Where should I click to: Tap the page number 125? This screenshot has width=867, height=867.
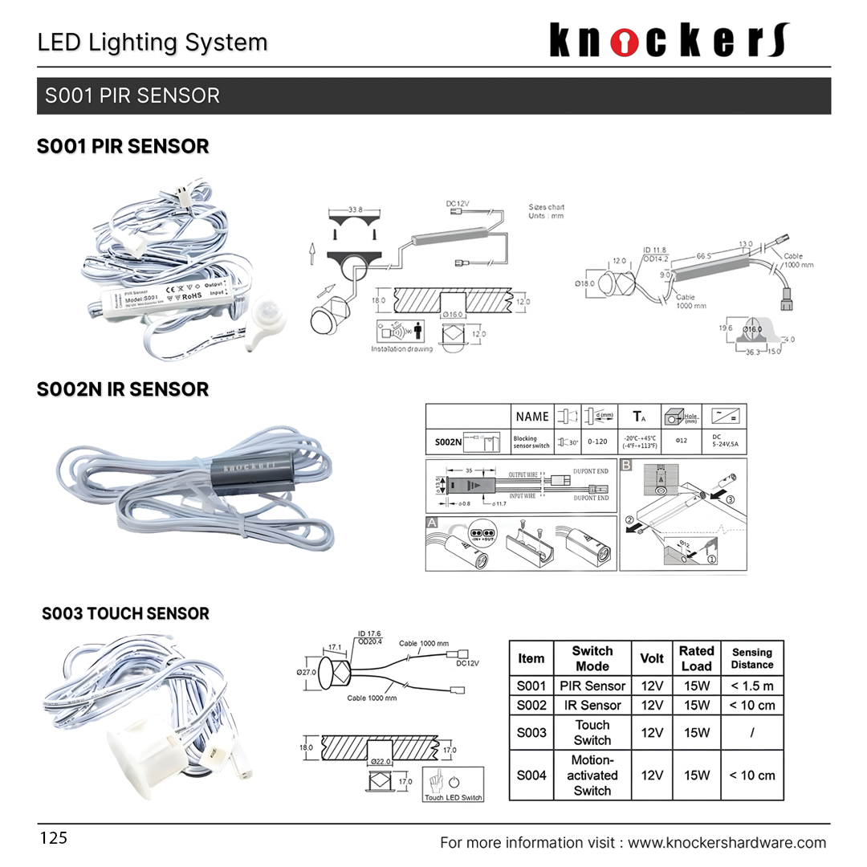coord(54,839)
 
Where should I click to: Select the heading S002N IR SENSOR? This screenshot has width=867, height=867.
coord(123,389)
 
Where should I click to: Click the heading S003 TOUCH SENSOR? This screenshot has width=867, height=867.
coord(125,614)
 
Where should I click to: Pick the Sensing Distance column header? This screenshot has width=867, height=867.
coord(752,658)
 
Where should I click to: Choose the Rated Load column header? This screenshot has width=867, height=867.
coord(696,658)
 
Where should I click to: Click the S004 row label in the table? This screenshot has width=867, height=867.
coord(531,775)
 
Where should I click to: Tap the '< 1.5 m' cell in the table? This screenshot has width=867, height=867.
coord(752,686)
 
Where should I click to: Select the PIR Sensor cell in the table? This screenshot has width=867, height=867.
coord(592,686)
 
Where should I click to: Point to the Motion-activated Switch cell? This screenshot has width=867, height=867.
coord(592,775)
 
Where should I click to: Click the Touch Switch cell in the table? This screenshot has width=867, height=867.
coord(592,732)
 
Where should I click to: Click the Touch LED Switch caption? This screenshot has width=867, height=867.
coord(454,797)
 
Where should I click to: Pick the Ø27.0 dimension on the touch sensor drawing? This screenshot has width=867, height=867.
coord(307,671)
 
